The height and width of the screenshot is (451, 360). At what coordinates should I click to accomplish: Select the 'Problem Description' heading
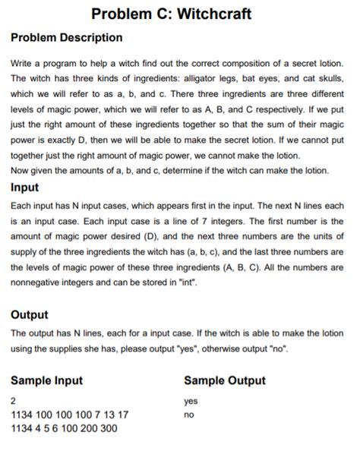[x=67, y=37]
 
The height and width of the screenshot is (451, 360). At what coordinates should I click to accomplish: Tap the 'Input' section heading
[x=27, y=187]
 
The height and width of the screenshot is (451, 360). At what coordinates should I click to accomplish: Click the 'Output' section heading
[x=30, y=314]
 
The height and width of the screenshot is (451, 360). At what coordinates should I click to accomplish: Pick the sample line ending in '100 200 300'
[x=64, y=429]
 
